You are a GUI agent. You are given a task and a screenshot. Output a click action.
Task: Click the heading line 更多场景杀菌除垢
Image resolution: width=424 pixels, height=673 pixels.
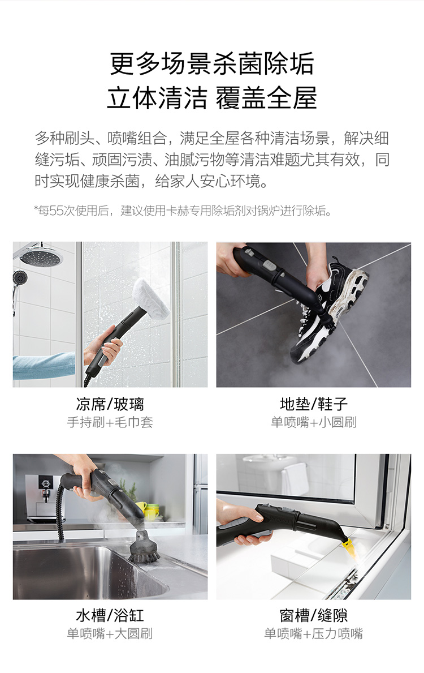tap(212, 63)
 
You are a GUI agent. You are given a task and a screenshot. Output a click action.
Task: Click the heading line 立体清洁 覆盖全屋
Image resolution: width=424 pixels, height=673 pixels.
tap(212, 98)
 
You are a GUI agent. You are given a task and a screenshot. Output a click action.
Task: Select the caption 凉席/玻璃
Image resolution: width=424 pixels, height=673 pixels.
tap(110, 404)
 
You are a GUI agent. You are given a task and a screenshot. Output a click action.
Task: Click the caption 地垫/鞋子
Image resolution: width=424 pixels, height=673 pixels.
tap(313, 404)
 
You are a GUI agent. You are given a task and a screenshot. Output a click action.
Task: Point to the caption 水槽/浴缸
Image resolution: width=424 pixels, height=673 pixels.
tap(110, 615)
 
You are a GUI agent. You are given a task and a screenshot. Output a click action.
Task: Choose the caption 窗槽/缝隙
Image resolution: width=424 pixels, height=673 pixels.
tap(313, 615)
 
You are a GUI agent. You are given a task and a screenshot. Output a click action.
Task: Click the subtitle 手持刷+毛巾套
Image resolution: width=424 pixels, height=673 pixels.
tap(110, 422)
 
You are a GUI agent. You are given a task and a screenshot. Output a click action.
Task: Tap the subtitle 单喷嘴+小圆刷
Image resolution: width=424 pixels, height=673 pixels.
tap(313, 422)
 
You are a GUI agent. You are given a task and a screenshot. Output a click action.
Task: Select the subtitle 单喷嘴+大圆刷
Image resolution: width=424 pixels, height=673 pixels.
tap(110, 633)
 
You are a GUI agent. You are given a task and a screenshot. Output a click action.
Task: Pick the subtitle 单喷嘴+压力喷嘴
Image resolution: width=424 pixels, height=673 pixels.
tap(313, 633)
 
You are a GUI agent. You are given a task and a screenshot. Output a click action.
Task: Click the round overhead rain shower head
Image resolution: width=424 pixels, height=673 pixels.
tap(40, 256)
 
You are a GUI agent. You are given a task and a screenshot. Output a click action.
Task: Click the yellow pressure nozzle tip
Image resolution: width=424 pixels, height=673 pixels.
tap(348, 546)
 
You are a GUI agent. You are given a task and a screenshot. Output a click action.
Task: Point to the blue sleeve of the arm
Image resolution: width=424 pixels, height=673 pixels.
tap(44, 366)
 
